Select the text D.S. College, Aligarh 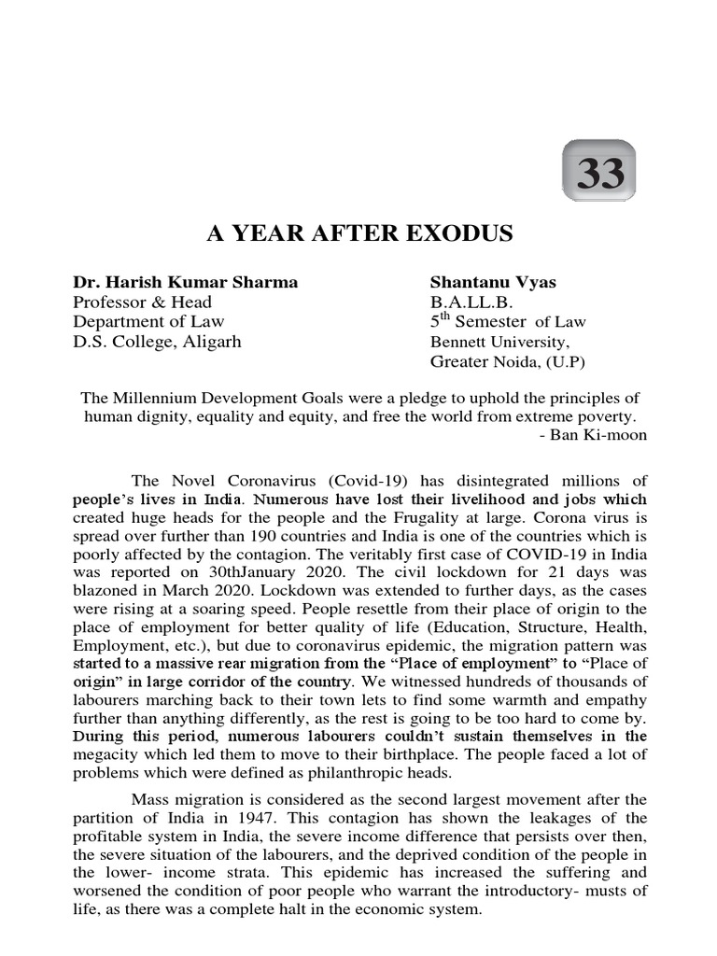point(157,341)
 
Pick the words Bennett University point(498,342)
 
